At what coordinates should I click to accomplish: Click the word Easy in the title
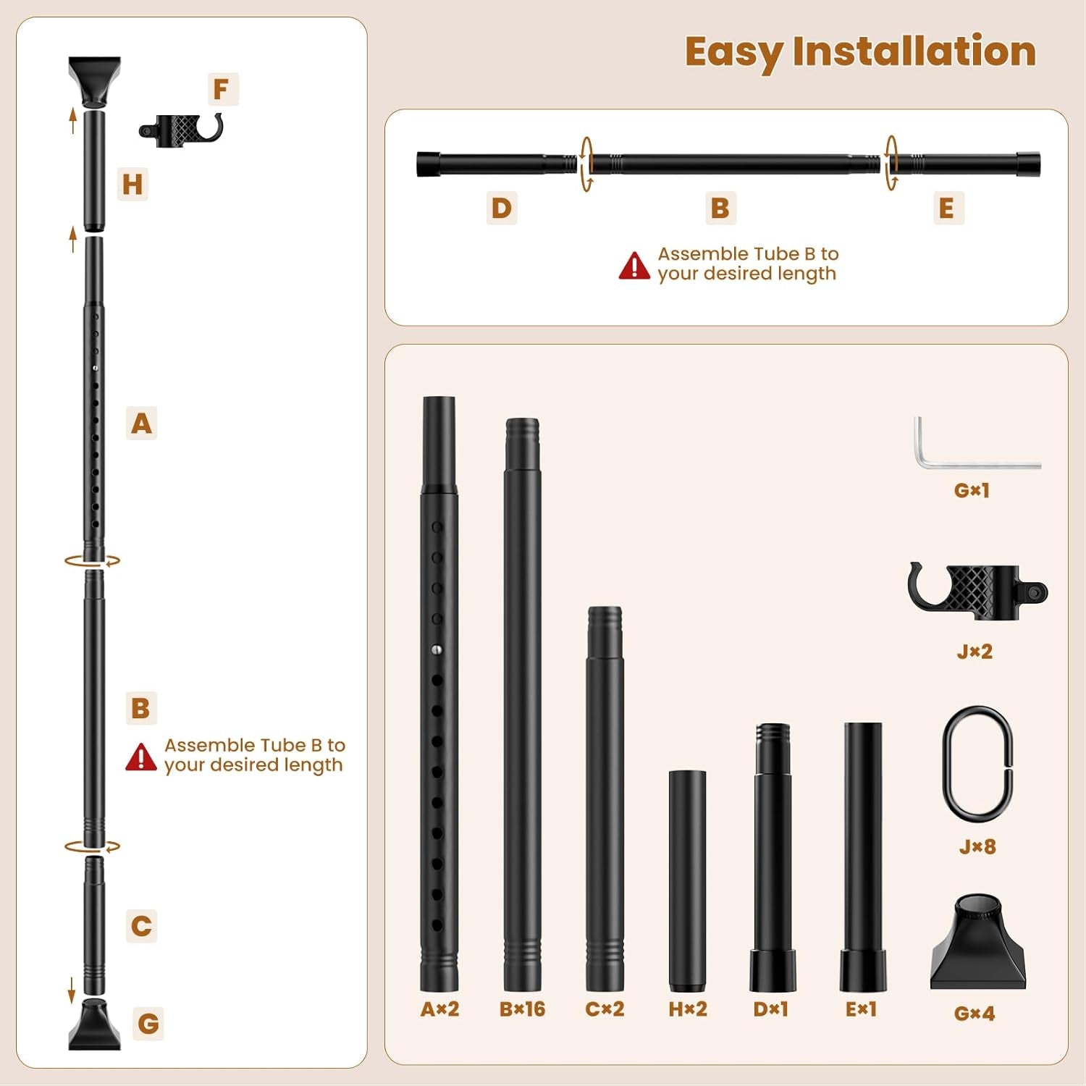pos(733,52)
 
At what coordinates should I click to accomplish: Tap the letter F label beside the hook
pos(222,89)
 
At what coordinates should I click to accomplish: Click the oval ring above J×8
pos(977,761)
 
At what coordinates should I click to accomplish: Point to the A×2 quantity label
pos(439,1009)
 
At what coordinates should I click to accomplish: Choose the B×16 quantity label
pos(522,1009)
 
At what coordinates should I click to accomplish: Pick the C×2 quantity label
pos(605,1009)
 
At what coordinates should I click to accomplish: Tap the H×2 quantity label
pos(687,1009)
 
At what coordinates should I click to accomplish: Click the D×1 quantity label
pos(770,1009)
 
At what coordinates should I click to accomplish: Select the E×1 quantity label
pos(861,1009)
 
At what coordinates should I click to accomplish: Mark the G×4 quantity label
pos(975,1013)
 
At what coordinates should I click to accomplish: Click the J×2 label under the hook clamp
pos(975,651)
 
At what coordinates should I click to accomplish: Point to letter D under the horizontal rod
pos(502,208)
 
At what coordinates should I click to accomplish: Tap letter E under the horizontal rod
pos(946,208)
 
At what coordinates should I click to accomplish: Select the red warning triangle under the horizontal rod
pos(634,266)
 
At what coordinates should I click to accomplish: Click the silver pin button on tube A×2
pos(437,650)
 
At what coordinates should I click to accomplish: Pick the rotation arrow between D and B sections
pos(586,164)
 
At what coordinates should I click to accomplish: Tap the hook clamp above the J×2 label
pos(977,592)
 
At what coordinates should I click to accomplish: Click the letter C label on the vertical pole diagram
pos(142,926)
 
